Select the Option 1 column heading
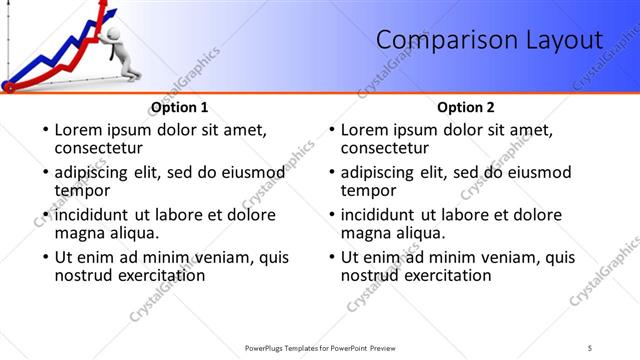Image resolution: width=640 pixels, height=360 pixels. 179,107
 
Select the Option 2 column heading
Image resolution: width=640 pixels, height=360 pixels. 466,107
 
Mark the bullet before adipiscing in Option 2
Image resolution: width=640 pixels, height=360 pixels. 331,173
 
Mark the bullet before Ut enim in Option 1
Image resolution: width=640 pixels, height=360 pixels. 45,258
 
